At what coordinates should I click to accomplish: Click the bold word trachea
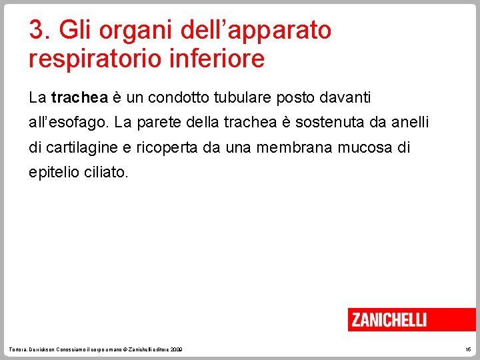coord(79,98)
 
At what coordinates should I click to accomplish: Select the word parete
coord(155,123)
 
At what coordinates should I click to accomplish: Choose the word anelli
coord(411,123)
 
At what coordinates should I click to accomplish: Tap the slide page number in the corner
coord(468,349)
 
